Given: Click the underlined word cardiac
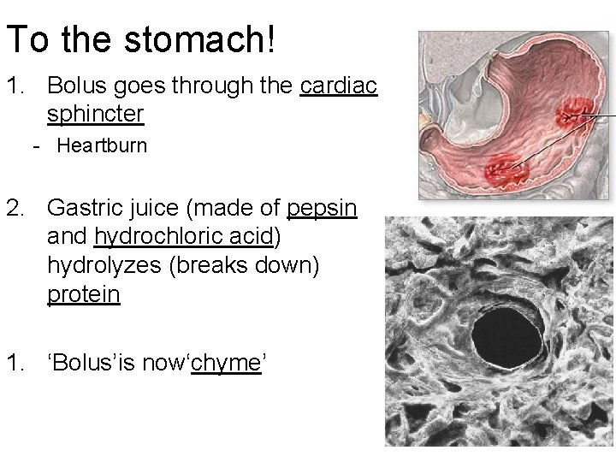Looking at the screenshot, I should (339, 86).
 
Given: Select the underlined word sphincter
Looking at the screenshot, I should (96, 114).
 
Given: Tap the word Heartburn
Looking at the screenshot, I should (102, 145).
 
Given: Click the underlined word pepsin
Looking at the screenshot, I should (323, 208).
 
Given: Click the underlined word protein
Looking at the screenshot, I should (84, 294).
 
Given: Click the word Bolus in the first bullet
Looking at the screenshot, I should (77, 86).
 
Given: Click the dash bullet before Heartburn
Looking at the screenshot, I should (37, 145).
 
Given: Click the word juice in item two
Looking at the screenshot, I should (148, 208).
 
